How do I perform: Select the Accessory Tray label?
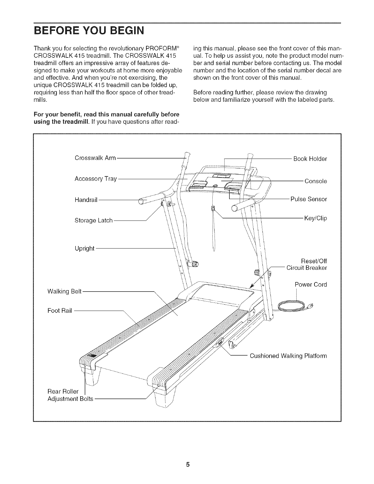coord(96,179)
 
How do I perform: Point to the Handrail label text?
coord(86,200)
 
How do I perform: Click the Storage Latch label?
coord(94,220)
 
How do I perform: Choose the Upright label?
coord(84,248)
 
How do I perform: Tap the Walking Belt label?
coord(64,291)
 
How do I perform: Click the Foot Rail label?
coord(60,311)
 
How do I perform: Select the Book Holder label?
coord(310,159)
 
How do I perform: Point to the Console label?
coord(316,181)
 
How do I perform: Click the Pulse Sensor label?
coord(308,199)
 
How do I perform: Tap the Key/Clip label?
coord(315,218)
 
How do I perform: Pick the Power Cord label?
coord(311,284)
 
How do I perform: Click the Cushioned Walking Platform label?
coord(288,356)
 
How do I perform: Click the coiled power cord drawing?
coord(292,305)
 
